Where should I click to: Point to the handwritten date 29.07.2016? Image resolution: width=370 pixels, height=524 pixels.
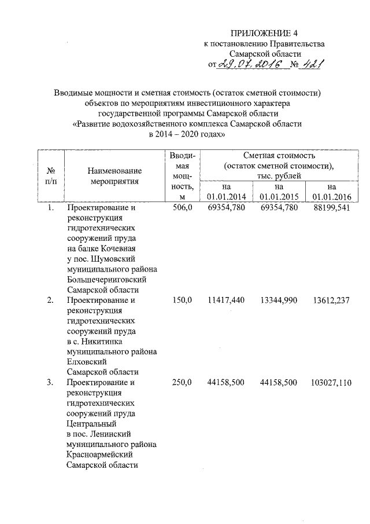coord(252,64)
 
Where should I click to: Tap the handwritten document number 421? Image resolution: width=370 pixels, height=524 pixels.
coord(310,64)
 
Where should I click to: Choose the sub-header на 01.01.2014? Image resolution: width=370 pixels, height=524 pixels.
coord(226,192)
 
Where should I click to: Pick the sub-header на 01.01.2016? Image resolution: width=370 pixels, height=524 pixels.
coord(331,192)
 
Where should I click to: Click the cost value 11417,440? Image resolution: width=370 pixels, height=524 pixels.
coord(226,300)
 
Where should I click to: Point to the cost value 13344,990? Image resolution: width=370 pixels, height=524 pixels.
coord(279,300)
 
